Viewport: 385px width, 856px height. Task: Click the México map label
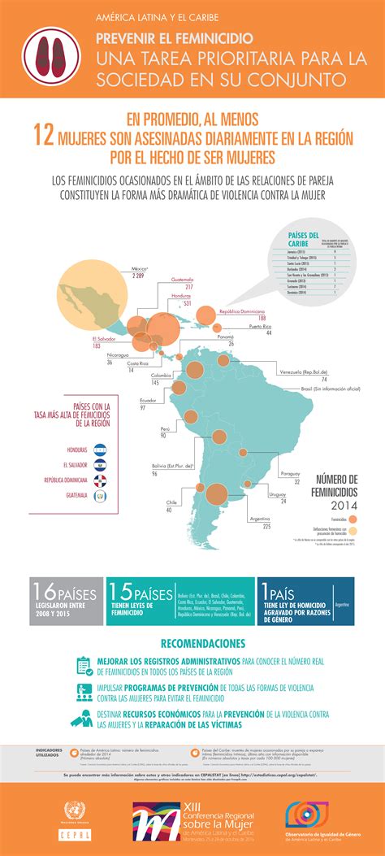click(x=139, y=268)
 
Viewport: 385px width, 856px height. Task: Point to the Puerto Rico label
click(x=260, y=327)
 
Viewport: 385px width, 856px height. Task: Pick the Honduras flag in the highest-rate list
click(x=101, y=447)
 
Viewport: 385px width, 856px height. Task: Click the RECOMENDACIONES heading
click(x=192, y=642)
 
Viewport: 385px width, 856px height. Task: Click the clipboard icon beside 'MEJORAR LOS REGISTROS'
click(x=83, y=665)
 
